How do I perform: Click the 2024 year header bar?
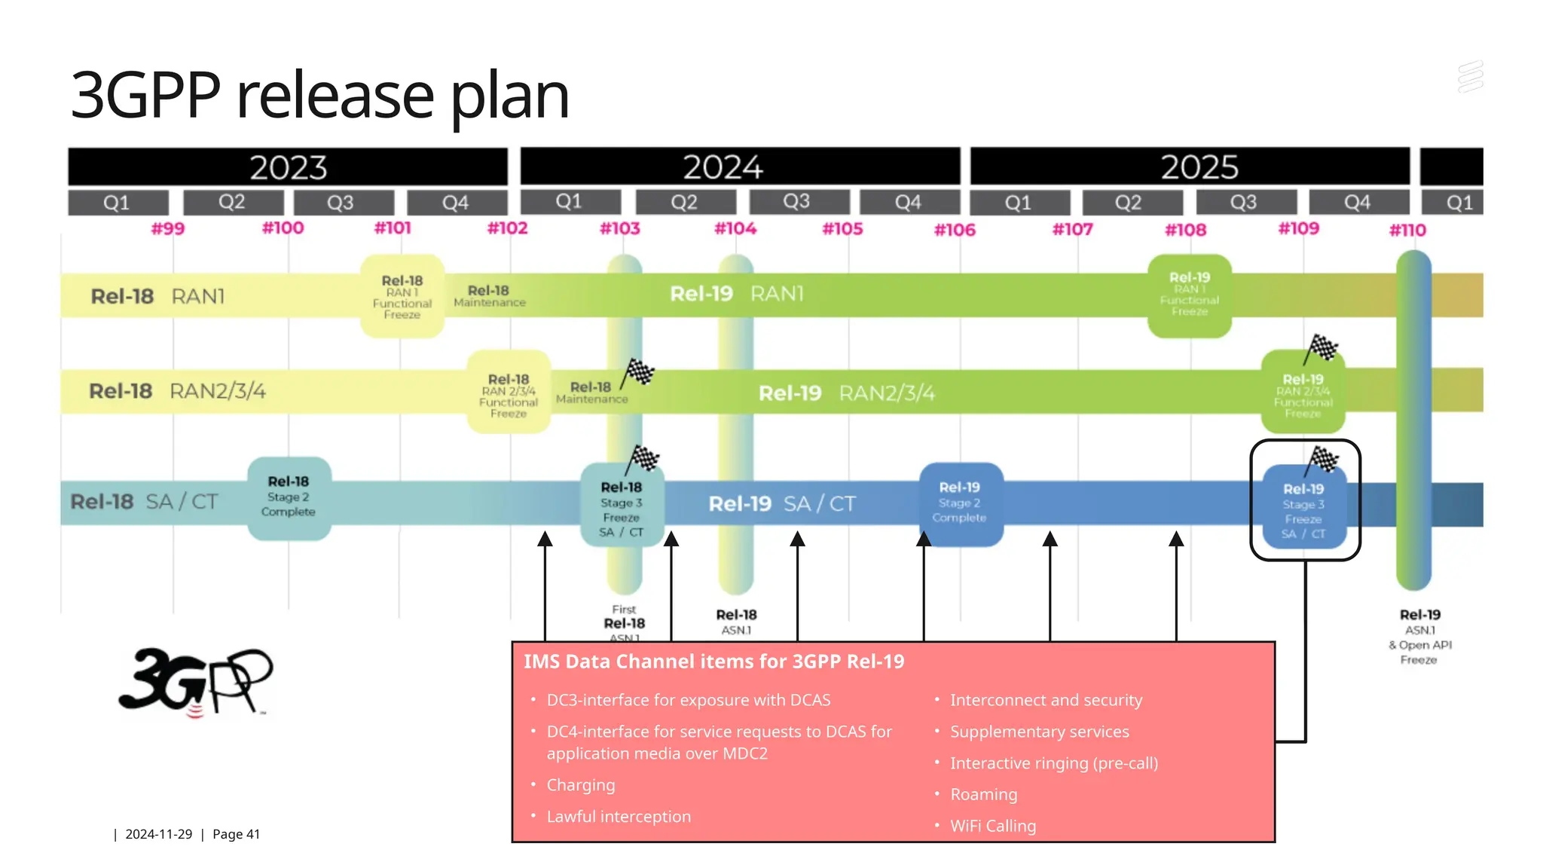tap(740, 167)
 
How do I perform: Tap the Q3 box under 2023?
tap(344, 203)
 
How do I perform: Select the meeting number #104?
tap(735, 228)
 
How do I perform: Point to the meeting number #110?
tap(1407, 230)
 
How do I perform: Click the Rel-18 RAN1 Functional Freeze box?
tap(402, 297)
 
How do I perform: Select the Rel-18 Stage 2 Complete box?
tap(289, 497)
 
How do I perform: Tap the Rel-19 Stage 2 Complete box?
tap(960, 503)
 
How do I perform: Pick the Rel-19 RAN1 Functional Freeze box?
tap(1189, 295)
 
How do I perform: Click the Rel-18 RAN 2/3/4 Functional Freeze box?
tap(509, 393)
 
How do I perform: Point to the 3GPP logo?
tap(196, 681)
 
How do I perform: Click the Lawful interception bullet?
tap(618, 817)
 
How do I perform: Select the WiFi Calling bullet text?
tap(992, 826)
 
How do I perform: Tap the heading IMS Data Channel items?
tap(713, 662)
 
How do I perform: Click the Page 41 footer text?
tap(236, 834)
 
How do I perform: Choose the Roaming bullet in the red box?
tap(983, 794)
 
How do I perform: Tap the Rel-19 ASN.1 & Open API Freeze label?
tap(1419, 637)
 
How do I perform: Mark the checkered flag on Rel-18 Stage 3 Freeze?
tap(644, 457)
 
